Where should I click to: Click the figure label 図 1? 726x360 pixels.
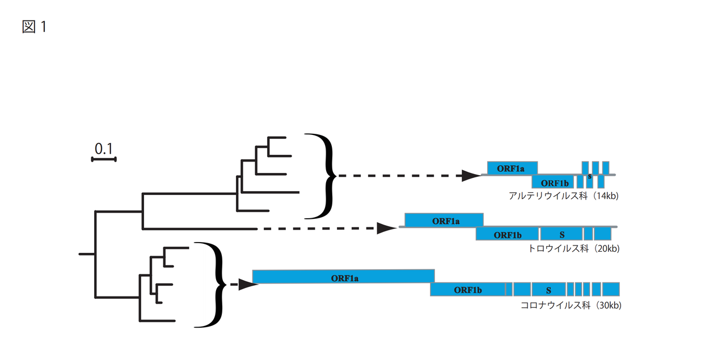pyautogui.click(x=34, y=27)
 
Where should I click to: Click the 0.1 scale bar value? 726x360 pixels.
pyautogui.click(x=104, y=149)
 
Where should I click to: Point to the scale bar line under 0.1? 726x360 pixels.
pyautogui.click(x=104, y=159)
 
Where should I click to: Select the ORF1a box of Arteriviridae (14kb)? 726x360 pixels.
pyautogui.click(x=512, y=168)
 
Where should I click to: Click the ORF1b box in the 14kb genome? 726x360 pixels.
pyautogui.click(x=552, y=182)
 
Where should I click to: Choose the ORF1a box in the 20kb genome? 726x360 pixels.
pyautogui.click(x=444, y=220)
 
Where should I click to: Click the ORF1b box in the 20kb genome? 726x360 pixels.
pyautogui.click(x=507, y=234)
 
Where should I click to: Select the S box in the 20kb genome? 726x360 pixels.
pyautogui.click(x=561, y=234)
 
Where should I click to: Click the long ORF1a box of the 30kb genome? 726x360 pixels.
pyautogui.click(x=343, y=277)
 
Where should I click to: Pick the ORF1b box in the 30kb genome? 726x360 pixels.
pyautogui.click(x=467, y=290)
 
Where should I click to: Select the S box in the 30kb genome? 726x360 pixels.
pyautogui.click(x=548, y=290)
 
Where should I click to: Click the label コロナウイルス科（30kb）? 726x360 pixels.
pyautogui.click(x=571, y=306)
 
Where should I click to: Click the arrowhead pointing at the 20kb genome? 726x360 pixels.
pyautogui.click(x=387, y=228)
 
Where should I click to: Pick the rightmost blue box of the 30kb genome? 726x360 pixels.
pyautogui.click(x=611, y=289)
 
